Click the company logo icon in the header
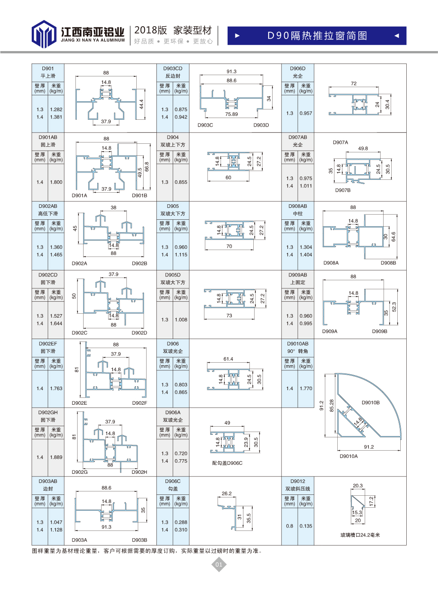point(44,34)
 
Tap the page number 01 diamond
point(219,564)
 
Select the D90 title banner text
point(317,36)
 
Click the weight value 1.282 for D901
point(56,109)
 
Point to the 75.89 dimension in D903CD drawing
point(231,114)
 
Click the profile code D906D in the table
point(297,69)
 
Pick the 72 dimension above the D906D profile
point(354,84)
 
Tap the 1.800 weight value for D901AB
point(56,182)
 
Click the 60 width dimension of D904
point(228,177)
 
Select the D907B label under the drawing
point(343,190)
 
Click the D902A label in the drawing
point(79,264)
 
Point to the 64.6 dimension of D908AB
point(393,236)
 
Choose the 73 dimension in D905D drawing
point(229,315)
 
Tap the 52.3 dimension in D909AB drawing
point(394,307)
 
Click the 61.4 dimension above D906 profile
point(228,359)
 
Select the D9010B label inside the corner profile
point(370,403)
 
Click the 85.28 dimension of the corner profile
point(332,406)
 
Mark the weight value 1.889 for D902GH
point(56,457)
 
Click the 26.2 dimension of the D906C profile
point(226,494)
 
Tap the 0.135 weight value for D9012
point(306,526)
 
